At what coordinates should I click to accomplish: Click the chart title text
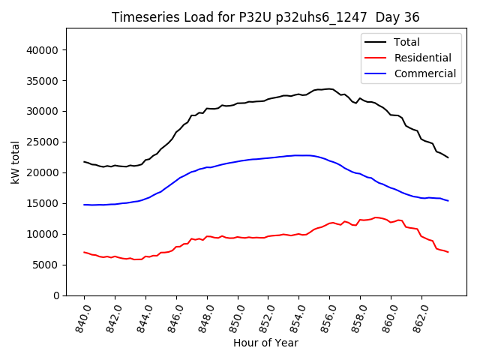tap(265, 17)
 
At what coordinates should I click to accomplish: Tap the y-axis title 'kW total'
tap(16, 161)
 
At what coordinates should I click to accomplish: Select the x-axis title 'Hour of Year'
tap(265, 343)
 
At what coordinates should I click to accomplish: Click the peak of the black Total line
tap(328, 88)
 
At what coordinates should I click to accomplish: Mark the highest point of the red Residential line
tap(376, 217)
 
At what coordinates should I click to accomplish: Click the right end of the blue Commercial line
tap(448, 201)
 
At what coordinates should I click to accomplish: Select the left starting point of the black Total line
tap(84, 161)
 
